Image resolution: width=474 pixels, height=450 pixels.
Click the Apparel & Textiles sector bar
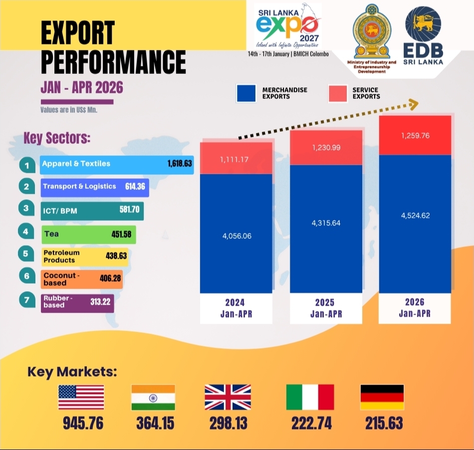pos(117,165)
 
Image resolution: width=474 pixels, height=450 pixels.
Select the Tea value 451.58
pos(122,234)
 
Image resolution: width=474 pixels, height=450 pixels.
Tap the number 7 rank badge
pos(27,300)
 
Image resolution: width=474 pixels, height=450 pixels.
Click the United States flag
pos(81,397)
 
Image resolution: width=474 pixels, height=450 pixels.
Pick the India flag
pos(153,398)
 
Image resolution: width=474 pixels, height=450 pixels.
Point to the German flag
pos(382,398)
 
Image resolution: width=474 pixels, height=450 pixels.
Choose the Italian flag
pos(310,397)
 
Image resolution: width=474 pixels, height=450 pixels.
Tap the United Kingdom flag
pos(228,397)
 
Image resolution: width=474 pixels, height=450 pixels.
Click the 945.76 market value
pos(83,423)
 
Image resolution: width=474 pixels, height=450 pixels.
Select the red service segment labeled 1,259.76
pos(415,135)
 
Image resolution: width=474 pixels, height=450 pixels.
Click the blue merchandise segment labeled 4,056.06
pos(236,233)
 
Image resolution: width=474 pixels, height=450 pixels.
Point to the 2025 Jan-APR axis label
pos(326,308)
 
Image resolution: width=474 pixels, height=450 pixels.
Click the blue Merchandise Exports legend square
pos(246,93)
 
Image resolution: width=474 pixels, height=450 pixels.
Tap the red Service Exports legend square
pos(338,93)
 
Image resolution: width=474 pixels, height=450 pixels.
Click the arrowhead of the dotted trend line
pos(414,104)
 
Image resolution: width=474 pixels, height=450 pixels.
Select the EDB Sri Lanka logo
pos(423,35)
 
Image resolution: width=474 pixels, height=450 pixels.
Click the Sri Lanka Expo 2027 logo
pos(287,26)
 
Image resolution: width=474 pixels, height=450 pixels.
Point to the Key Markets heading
pos(72,372)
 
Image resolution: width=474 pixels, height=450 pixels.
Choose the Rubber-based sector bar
pos(77,303)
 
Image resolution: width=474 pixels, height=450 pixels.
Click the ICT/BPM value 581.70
pos(129,209)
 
